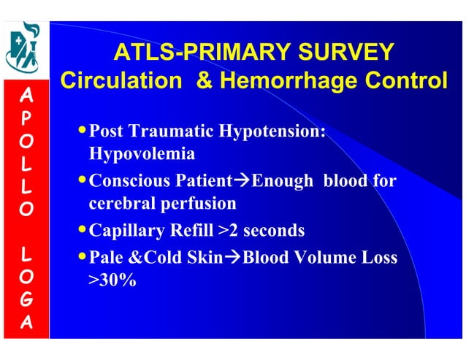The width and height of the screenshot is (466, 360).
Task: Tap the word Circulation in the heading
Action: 118,81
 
